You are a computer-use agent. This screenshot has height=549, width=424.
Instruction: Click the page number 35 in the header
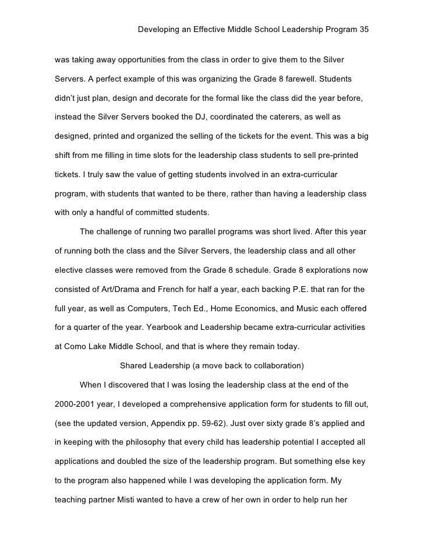(x=365, y=29)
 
